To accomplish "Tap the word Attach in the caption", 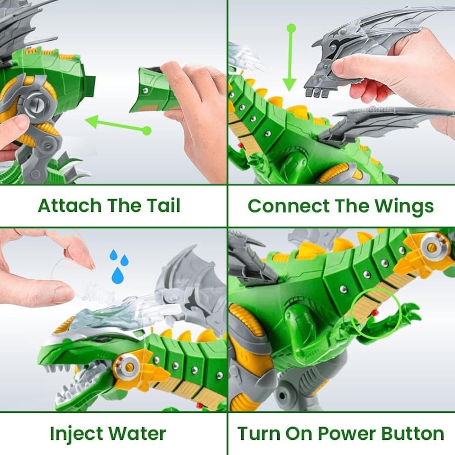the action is (x=70, y=205).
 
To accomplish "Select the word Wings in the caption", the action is (x=404, y=206).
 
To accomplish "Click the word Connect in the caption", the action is (x=289, y=206).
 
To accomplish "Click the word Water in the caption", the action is (x=137, y=434).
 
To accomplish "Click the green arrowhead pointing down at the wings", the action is (x=289, y=85).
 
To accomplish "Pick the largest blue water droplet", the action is (x=118, y=275).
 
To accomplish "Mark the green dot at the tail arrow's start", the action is (x=147, y=131).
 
